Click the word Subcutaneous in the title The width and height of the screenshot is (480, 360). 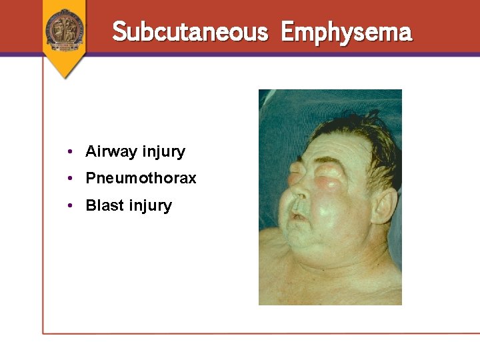click(190, 32)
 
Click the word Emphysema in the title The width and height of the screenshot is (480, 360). click(346, 32)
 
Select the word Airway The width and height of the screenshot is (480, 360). click(111, 152)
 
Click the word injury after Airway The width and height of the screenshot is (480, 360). click(163, 152)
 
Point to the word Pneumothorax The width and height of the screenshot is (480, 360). click(141, 179)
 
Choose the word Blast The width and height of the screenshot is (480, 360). click(105, 205)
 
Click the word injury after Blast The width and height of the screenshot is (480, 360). click(151, 205)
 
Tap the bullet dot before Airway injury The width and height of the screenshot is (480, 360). click(71, 152)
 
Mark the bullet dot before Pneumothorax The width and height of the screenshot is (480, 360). click(71, 179)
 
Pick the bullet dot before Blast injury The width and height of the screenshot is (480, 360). click(71, 205)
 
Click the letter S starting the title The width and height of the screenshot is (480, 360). click(120, 32)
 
